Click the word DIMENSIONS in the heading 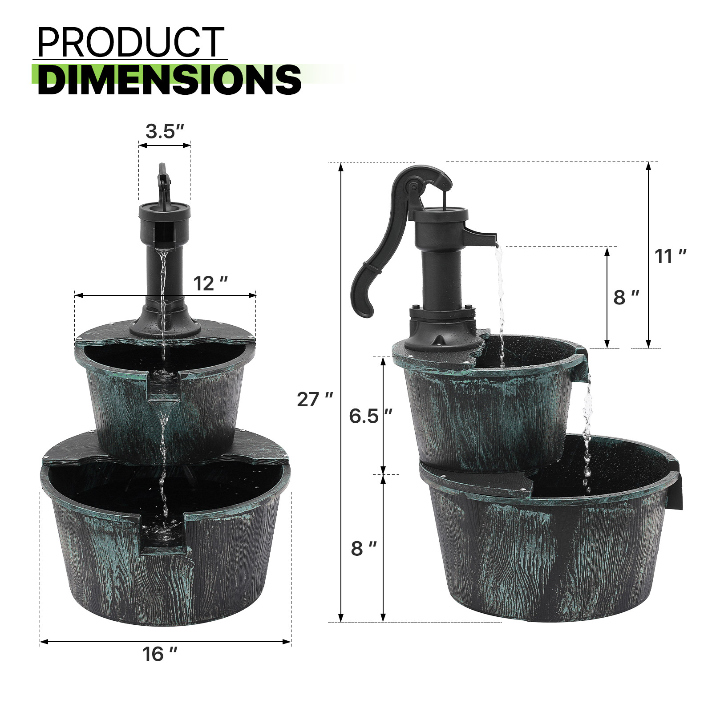[169, 80]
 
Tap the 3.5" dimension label [165, 131]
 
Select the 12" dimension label [210, 283]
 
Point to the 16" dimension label [159, 654]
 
